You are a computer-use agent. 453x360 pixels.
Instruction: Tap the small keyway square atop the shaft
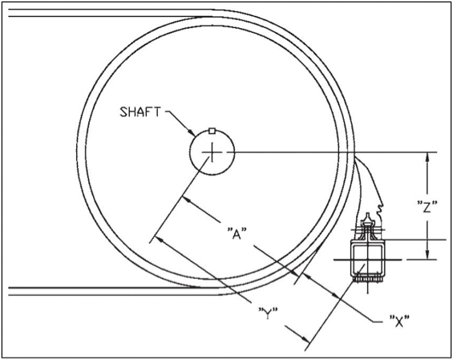pos(212,130)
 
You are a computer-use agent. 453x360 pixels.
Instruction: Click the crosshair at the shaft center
pos(212,152)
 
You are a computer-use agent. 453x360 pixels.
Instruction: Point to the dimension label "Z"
pos(427,206)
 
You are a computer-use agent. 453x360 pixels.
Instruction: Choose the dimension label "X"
pos(398,322)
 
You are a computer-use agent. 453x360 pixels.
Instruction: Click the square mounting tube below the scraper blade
pos(368,259)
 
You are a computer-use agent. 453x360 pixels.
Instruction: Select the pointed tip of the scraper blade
pos(367,215)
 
